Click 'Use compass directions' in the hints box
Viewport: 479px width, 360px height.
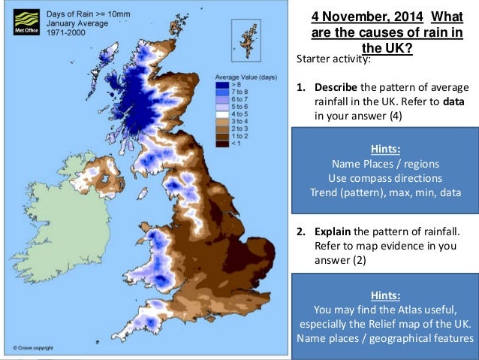384,178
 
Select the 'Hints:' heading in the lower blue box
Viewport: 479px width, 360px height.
384,295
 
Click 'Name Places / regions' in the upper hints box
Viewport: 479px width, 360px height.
384,164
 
